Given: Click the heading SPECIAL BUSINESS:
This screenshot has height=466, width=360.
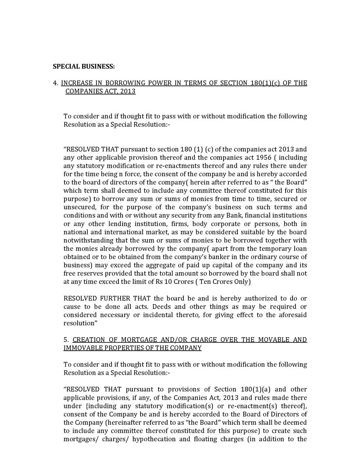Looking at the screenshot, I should (84, 66).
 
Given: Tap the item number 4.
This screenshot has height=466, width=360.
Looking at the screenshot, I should (55, 83).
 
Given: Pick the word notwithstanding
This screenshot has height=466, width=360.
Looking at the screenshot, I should (87, 240).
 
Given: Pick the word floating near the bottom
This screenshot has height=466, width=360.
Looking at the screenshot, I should (203, 439).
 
